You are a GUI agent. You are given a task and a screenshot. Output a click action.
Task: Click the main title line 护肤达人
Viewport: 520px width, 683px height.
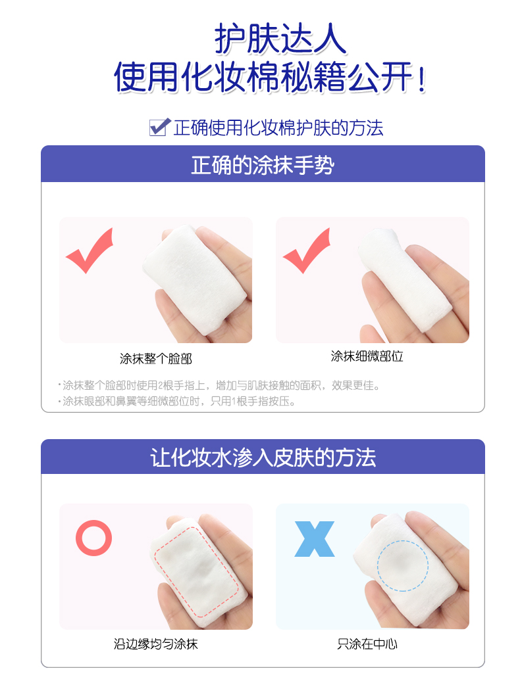click(280, 39)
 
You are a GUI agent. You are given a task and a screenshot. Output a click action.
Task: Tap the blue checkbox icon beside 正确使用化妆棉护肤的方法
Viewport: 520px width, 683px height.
click(160, 127)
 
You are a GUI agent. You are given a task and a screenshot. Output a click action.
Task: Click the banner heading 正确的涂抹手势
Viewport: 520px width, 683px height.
click(263, 165)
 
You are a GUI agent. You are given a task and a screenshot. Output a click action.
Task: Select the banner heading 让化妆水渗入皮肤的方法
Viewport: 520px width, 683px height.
click(263, 458)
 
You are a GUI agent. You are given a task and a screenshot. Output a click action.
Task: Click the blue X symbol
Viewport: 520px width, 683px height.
click(315, 539)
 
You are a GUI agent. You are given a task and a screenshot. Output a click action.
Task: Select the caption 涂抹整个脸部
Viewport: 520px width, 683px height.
click(156, 359)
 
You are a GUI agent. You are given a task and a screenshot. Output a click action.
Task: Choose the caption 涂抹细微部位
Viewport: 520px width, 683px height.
click(367, 356)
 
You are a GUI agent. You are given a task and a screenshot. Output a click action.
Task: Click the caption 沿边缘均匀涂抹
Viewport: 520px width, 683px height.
click(156, 644)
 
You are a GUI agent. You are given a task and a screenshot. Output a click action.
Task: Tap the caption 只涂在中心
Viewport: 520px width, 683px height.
click(367, 644)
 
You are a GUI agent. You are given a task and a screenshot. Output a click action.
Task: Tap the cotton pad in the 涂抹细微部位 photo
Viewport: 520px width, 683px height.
click(403, 279)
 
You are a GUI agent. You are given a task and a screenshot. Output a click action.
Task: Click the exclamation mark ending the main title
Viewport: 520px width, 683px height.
click(421, 78)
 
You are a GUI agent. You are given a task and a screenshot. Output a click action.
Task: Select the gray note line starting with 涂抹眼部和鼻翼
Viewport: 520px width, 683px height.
click(176, 401)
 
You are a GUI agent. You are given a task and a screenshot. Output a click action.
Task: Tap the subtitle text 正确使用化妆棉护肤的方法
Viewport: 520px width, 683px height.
click(278, 128)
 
